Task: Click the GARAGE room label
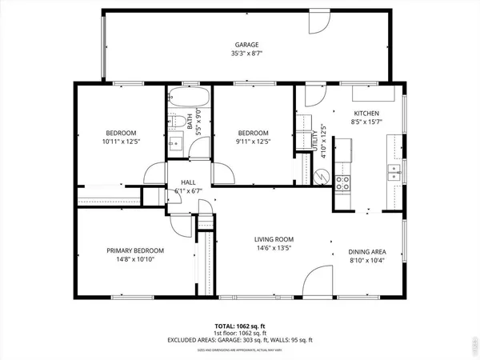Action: point(246,45)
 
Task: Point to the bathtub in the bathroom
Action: point(190,102)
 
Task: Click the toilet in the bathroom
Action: point(174,122)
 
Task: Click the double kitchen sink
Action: point(394,171)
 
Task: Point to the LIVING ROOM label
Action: point(274,239)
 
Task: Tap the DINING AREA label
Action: point(367,250)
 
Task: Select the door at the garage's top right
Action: point(320,22)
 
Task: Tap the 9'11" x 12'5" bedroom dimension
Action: point(252,142)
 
